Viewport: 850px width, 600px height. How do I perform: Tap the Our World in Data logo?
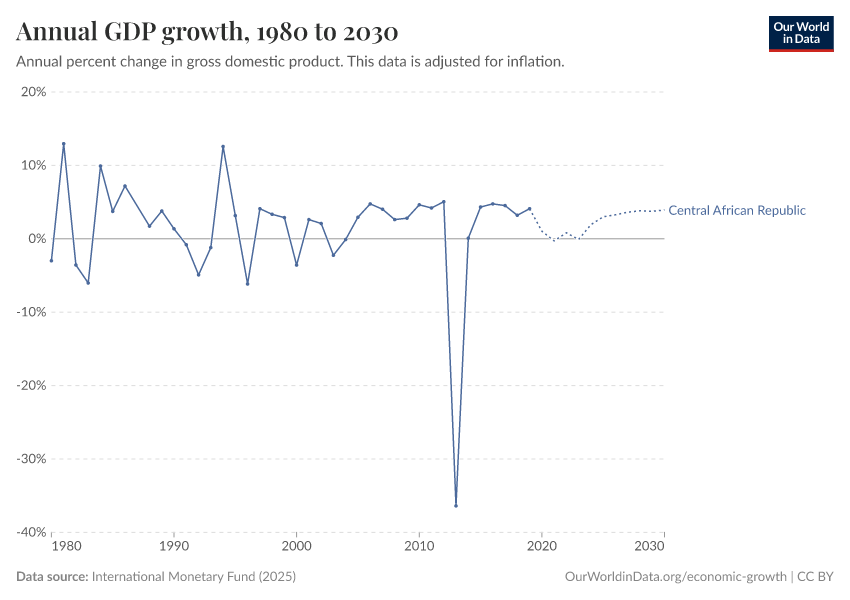pos(800,33)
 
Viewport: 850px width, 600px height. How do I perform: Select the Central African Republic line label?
pos(736,210)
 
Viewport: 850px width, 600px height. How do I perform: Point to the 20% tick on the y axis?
pos(34,92)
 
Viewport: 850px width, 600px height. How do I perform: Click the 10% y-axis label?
pos(34,165)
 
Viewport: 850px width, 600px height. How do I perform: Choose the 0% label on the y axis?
pos(37,239)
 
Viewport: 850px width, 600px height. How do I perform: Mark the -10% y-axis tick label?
pos(32,312)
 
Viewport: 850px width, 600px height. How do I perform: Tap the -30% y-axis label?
pos(32,459)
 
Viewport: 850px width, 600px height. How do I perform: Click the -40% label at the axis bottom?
pos(32,532)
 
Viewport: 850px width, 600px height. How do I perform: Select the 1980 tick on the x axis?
pos(66,547)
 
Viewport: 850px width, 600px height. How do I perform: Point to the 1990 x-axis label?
pos(174,547)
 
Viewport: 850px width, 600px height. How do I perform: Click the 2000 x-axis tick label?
pos(296,547)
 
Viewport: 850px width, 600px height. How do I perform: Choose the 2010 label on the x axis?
pos(419,547)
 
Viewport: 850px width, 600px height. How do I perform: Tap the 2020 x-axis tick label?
pos(541,547)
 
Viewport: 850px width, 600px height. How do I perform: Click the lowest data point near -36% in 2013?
pos(456,505)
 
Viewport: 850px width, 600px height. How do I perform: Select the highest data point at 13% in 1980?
pos(64,143)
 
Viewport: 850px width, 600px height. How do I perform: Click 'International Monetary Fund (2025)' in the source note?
pos(193,577)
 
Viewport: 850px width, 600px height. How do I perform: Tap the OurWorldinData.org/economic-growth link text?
pos(676,577)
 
